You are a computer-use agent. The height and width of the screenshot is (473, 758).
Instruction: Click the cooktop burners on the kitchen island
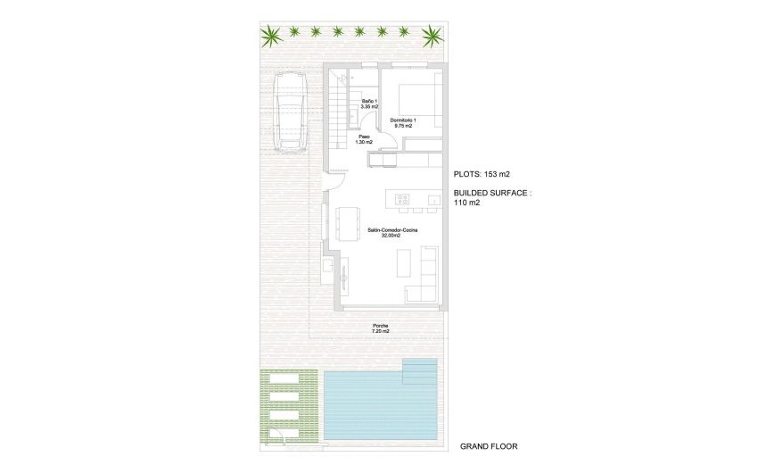pyautogui.click(x=402, y=198)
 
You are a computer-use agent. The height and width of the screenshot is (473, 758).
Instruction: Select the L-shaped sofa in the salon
pyautogui.click(x=424, y=277)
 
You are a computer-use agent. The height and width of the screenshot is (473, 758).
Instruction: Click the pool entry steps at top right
pyautogui.click(x=421, y=369)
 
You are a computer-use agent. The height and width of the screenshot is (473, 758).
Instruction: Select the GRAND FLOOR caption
pyautogui.click(x=488, y=446)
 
